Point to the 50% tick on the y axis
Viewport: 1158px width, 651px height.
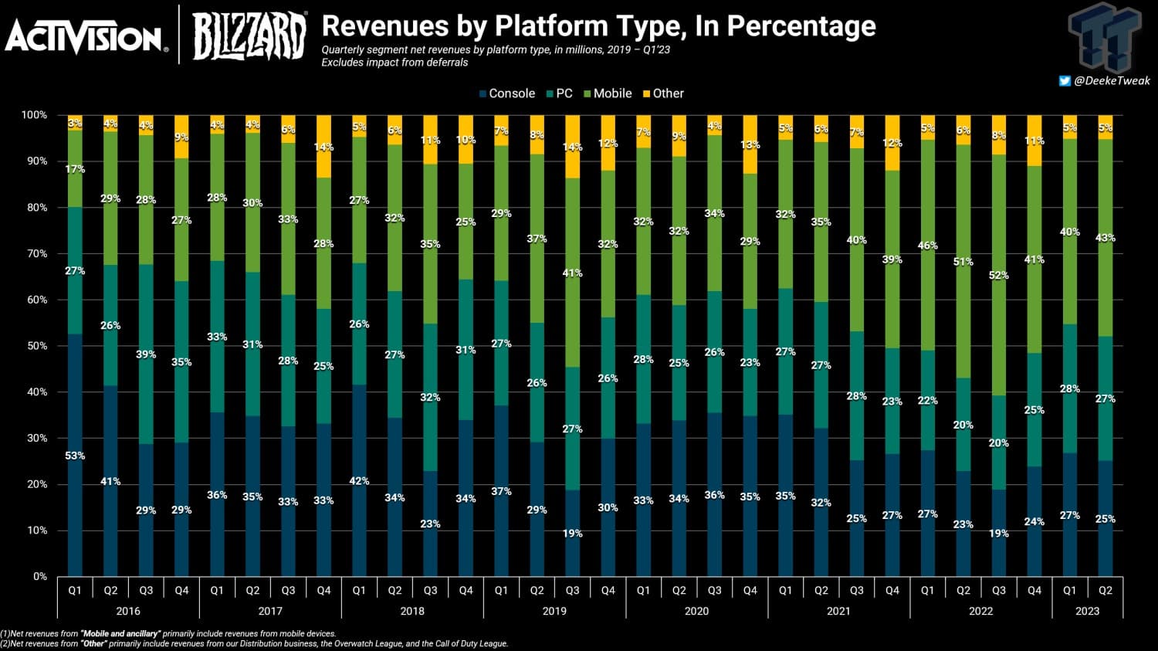(x=35, y=346)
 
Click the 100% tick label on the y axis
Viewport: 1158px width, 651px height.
(x=34, y=115)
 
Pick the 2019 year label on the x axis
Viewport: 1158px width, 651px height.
(x=554, y=611)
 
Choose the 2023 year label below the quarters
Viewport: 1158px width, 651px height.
(x=1087, y=611)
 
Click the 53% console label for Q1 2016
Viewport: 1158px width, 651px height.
(x=75, y=456)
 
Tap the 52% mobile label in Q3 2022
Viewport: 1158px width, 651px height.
(x=998, y=275)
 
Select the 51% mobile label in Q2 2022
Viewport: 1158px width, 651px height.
(x=963, y=262)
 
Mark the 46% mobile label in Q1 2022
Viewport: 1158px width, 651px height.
(x=927, y=246)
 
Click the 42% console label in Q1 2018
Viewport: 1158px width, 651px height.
(x=359, y=480)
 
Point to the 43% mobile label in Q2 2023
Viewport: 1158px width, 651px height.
(x=1105, y=238)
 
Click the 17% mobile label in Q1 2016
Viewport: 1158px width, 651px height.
(x=75, y=169)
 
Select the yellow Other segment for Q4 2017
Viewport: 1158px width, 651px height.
(x=323, y=147)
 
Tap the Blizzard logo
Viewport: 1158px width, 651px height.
(x=249, y=34)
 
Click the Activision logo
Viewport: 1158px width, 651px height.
(x=85, y=36)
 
